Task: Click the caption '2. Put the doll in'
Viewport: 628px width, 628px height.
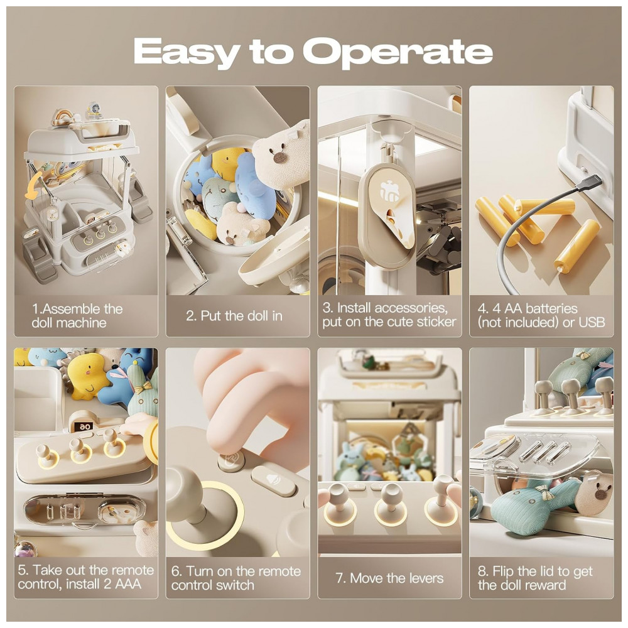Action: pyautogui.click(x=234, y=316)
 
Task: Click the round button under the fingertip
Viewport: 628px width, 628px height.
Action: pyautogui.click(x=231, y=460)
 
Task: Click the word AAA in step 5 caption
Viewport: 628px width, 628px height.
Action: pyautogui.click(x=127, y=584)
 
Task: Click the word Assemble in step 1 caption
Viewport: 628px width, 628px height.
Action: pyautogui.click(x=72, y=309)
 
